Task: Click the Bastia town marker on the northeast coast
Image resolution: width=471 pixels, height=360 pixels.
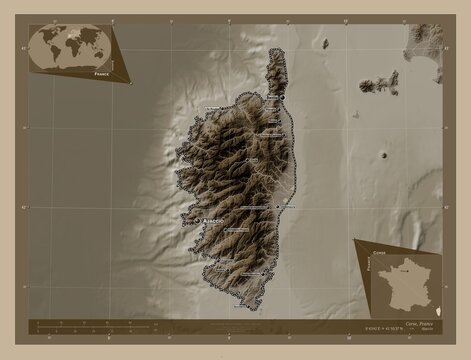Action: (283, 97)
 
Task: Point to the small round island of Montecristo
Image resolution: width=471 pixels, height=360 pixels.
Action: (386, 155)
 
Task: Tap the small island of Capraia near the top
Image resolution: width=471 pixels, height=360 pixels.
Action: (325, 43)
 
